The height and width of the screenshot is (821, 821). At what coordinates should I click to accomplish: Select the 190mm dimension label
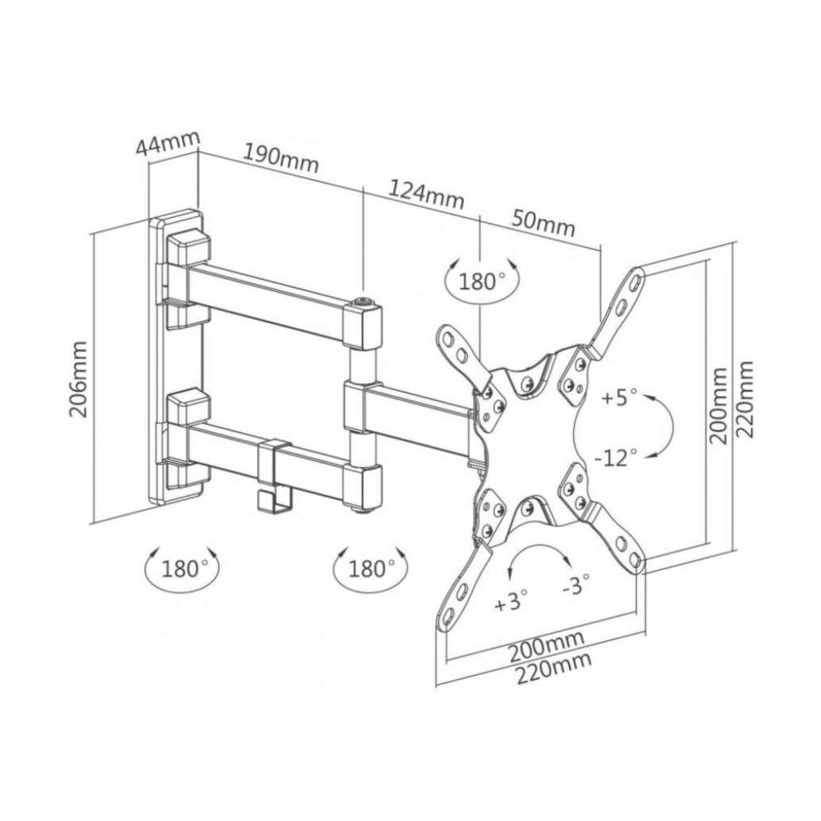(x=281, y=158)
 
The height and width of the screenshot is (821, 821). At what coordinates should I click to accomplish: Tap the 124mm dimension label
(x=426, y=194)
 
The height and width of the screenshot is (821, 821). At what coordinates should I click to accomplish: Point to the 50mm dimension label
(x=543, y=223)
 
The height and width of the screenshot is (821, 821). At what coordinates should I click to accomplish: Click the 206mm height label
(x=79, y=379)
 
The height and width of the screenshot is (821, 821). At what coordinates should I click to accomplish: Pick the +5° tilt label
(x=619, y=397)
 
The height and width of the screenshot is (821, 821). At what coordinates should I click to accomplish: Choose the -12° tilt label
(x=616, y=458)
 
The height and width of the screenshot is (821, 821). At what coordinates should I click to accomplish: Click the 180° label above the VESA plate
(x=481, y=281)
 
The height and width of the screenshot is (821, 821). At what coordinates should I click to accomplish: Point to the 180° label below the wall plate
(x=182, y=568)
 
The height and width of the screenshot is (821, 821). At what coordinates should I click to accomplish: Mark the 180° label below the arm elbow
(x=370, y=568)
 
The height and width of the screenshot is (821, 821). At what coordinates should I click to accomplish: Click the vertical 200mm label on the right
(x=718, y=405)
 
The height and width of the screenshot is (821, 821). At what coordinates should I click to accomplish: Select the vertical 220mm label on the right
(x=745, y=399)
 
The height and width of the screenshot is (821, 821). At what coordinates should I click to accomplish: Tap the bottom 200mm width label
(x=547, y=646)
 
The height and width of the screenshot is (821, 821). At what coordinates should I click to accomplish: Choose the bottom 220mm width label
(x=554, y=668)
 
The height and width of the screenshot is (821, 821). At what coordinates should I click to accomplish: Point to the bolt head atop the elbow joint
(x=363, y=301)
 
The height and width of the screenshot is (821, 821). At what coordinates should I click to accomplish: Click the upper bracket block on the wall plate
(x=188, y=281)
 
